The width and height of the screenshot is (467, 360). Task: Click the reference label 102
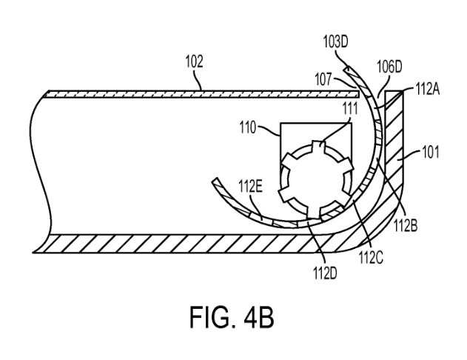coord(194,61)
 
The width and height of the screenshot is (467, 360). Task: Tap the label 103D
coord(336,42)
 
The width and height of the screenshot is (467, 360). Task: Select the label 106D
coord(389,67)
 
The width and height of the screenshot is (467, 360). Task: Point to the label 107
coord(323,79)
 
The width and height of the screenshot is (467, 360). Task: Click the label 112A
coord(427,89)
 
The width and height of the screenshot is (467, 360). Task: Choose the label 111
coord(350,108)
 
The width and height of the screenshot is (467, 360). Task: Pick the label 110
coord(248,128)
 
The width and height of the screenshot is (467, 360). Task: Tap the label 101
coord(431,153)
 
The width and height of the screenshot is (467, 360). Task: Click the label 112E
coord(250,187)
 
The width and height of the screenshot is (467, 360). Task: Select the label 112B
coord(406,225)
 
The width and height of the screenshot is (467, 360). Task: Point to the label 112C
coord(371,257)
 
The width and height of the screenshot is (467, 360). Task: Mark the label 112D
coord(325,273)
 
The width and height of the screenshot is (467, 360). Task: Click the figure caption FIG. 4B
coord(232,317)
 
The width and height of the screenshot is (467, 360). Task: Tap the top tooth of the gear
coord(318,145)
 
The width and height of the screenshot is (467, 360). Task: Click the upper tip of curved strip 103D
coord(346,68)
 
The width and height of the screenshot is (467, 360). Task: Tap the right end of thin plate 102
coord(358,95)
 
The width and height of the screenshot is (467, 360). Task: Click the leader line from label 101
coord(411,156)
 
